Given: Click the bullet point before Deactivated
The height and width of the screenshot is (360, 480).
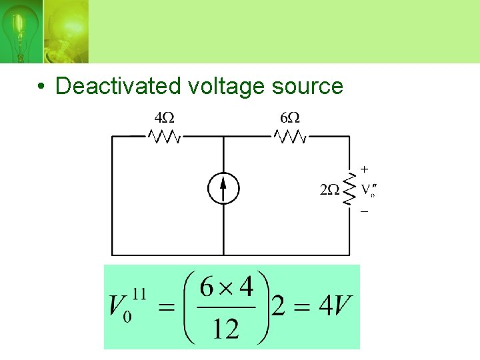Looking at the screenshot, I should pyautogui.click(x=41, y=87).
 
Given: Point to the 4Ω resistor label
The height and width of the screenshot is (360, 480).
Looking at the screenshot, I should pyautogui.click(x=164, y=118).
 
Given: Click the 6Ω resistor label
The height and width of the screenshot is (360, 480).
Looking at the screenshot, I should pyautogui.click(x=290, y=118).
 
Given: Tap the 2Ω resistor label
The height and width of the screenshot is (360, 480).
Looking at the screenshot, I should pyautogui.click(x=329, y=190).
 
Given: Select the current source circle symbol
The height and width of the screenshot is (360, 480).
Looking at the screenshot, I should pyautogui.click(x=223, y=188).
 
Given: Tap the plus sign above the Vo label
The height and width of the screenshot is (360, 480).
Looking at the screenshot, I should pyautogui.click(x=364, y=169).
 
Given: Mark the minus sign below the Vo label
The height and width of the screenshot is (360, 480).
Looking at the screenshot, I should pyautogui.click(x=364, y=211).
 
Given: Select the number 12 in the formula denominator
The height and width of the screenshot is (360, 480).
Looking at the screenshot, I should pyautogui.click(x=227, y=327).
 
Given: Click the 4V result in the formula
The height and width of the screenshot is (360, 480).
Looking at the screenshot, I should pyautogui.click(x=335, y=307).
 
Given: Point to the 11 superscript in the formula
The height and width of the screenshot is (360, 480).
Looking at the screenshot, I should pyautogui.click(x=139, y=291).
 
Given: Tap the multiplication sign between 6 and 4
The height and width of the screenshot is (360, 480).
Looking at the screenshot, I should pyautogui.click(x=227, y=288).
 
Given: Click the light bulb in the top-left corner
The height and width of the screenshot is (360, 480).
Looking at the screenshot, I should pyautogui.click(x=18, y=30).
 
